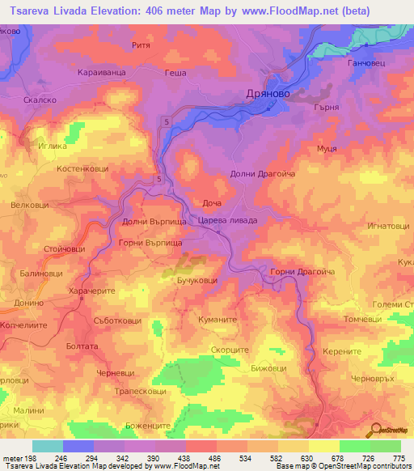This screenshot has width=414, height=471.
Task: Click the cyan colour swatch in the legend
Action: [x=47, y=446]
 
